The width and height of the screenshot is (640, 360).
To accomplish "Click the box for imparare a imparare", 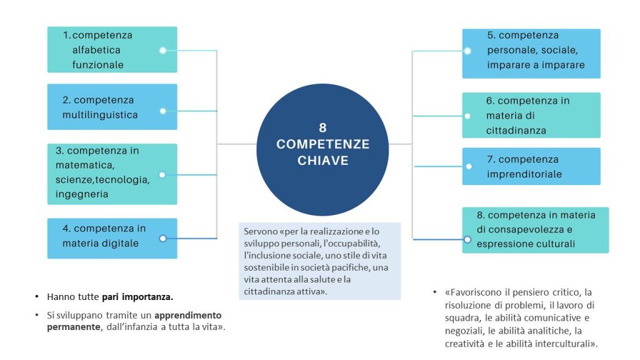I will [531, 53].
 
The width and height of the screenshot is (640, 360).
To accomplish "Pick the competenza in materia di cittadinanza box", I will [531, 115].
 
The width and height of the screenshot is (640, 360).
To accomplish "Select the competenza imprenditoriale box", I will [531, 166].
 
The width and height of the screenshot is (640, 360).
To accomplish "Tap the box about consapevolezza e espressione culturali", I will [536, 229].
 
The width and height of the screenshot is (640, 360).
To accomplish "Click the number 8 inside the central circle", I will [322, 127].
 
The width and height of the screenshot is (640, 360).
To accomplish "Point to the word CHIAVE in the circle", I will [322, 161].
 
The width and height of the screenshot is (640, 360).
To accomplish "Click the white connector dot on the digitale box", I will [162, 238].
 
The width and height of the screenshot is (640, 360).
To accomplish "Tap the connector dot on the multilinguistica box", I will [162, 111].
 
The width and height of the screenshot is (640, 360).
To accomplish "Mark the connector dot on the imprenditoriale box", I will [467, 167].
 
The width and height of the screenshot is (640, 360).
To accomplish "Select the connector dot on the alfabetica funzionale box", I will [162, 50].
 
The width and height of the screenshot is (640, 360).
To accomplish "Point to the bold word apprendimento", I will [188, 315].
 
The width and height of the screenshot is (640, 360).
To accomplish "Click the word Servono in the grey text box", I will [258, 231].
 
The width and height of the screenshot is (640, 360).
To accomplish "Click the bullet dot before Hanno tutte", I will [37, 296].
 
